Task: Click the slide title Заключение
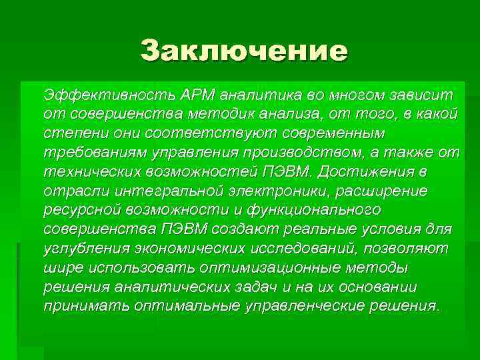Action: pyautogui.click(x=244, y=51)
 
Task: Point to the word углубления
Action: pyautogui.click(x=81, y=248)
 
